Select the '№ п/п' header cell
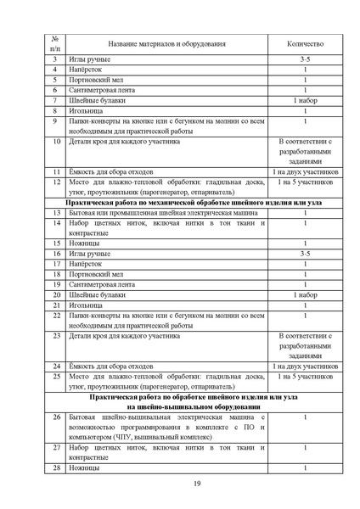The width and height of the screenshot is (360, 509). (54, 44)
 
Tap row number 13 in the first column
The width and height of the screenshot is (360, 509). (54, 212)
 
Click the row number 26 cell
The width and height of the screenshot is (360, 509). (54, 417)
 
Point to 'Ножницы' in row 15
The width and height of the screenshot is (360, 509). (84, 243)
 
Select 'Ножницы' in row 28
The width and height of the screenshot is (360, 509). (84, 467)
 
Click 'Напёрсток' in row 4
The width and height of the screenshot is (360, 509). (87, 70)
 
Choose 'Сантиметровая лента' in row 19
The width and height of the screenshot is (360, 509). (103, 284)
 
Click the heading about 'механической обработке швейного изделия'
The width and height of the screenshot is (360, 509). (194, 202)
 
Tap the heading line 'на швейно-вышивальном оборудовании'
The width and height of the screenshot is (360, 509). (194, 406)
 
